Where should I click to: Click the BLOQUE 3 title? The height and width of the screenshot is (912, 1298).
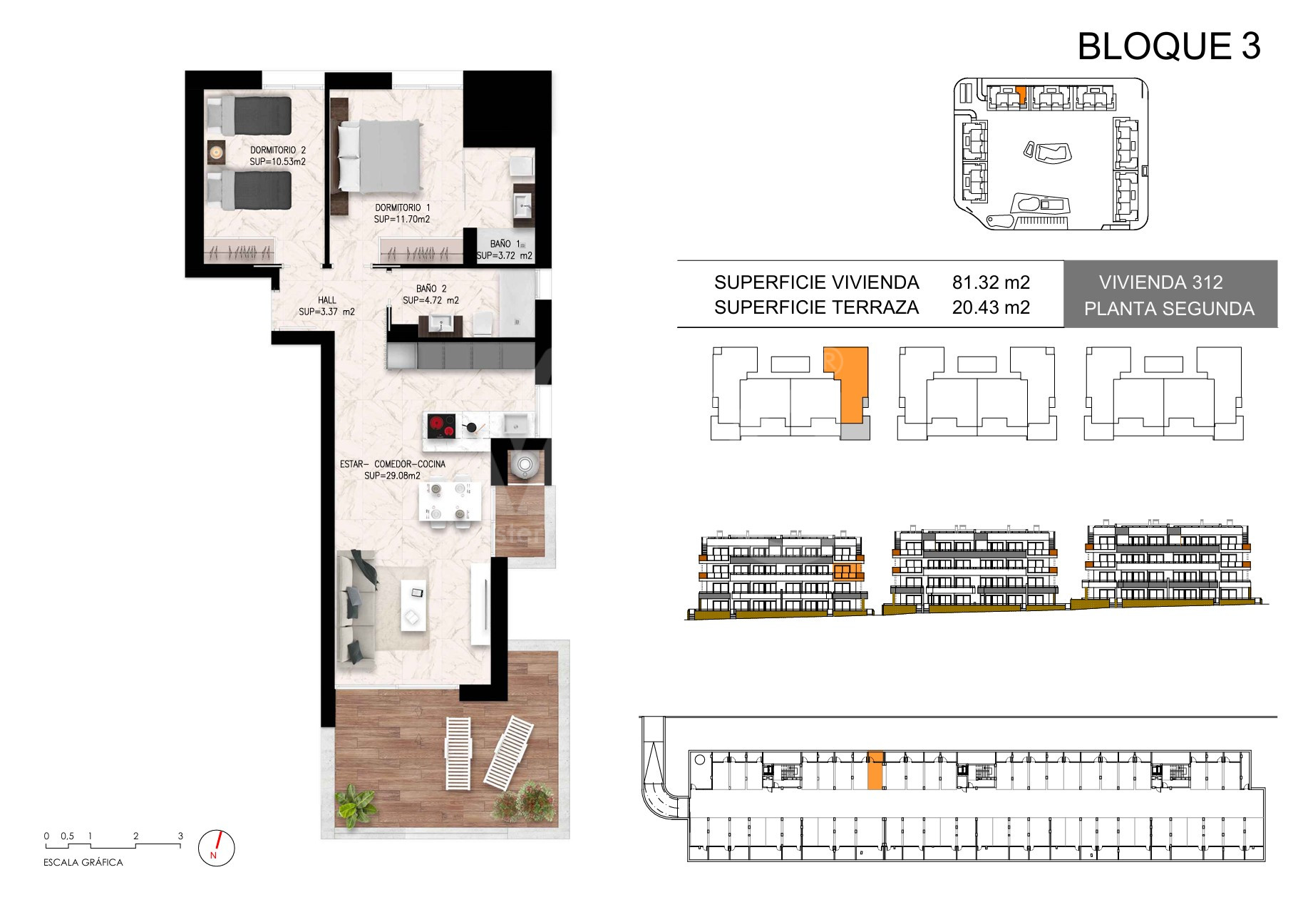click(1169, 46)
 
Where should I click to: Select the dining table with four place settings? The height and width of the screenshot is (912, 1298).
click(449, 501)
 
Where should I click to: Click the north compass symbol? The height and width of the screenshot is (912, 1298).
click(216, 847)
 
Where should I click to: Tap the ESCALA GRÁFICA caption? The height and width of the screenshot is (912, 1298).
click(83, 862)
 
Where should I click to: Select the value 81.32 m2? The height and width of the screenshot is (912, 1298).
click(991, 282)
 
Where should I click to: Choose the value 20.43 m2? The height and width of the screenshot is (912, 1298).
click(991, 307)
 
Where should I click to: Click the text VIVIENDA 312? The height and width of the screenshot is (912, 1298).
click(1160, 282)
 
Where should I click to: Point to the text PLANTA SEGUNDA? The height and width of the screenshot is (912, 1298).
click(1169, 309)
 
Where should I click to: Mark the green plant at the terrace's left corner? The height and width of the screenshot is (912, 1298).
click(356, 805)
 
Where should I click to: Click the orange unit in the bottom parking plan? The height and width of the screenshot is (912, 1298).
click(875, 770)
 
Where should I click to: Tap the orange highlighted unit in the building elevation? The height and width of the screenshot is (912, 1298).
click(847, 572)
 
